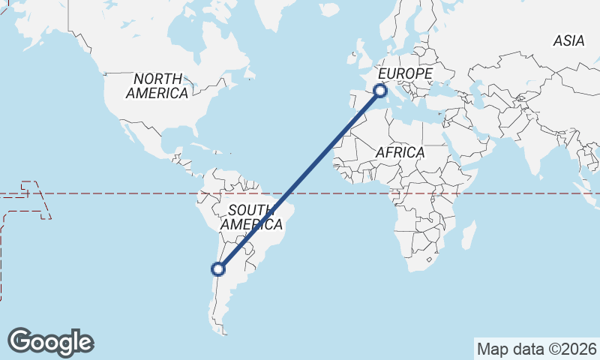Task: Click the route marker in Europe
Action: (x=379, y=91)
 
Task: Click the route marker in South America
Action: (x=218, y=268)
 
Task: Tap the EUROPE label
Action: (x=405, y=73)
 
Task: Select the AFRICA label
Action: (x=400, y=152)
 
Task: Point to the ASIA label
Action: (x=568, y=41)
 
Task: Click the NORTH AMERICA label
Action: (x=157, y=85)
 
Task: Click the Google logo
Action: (x=50, y=342)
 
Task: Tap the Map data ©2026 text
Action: (x=537, y=349)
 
